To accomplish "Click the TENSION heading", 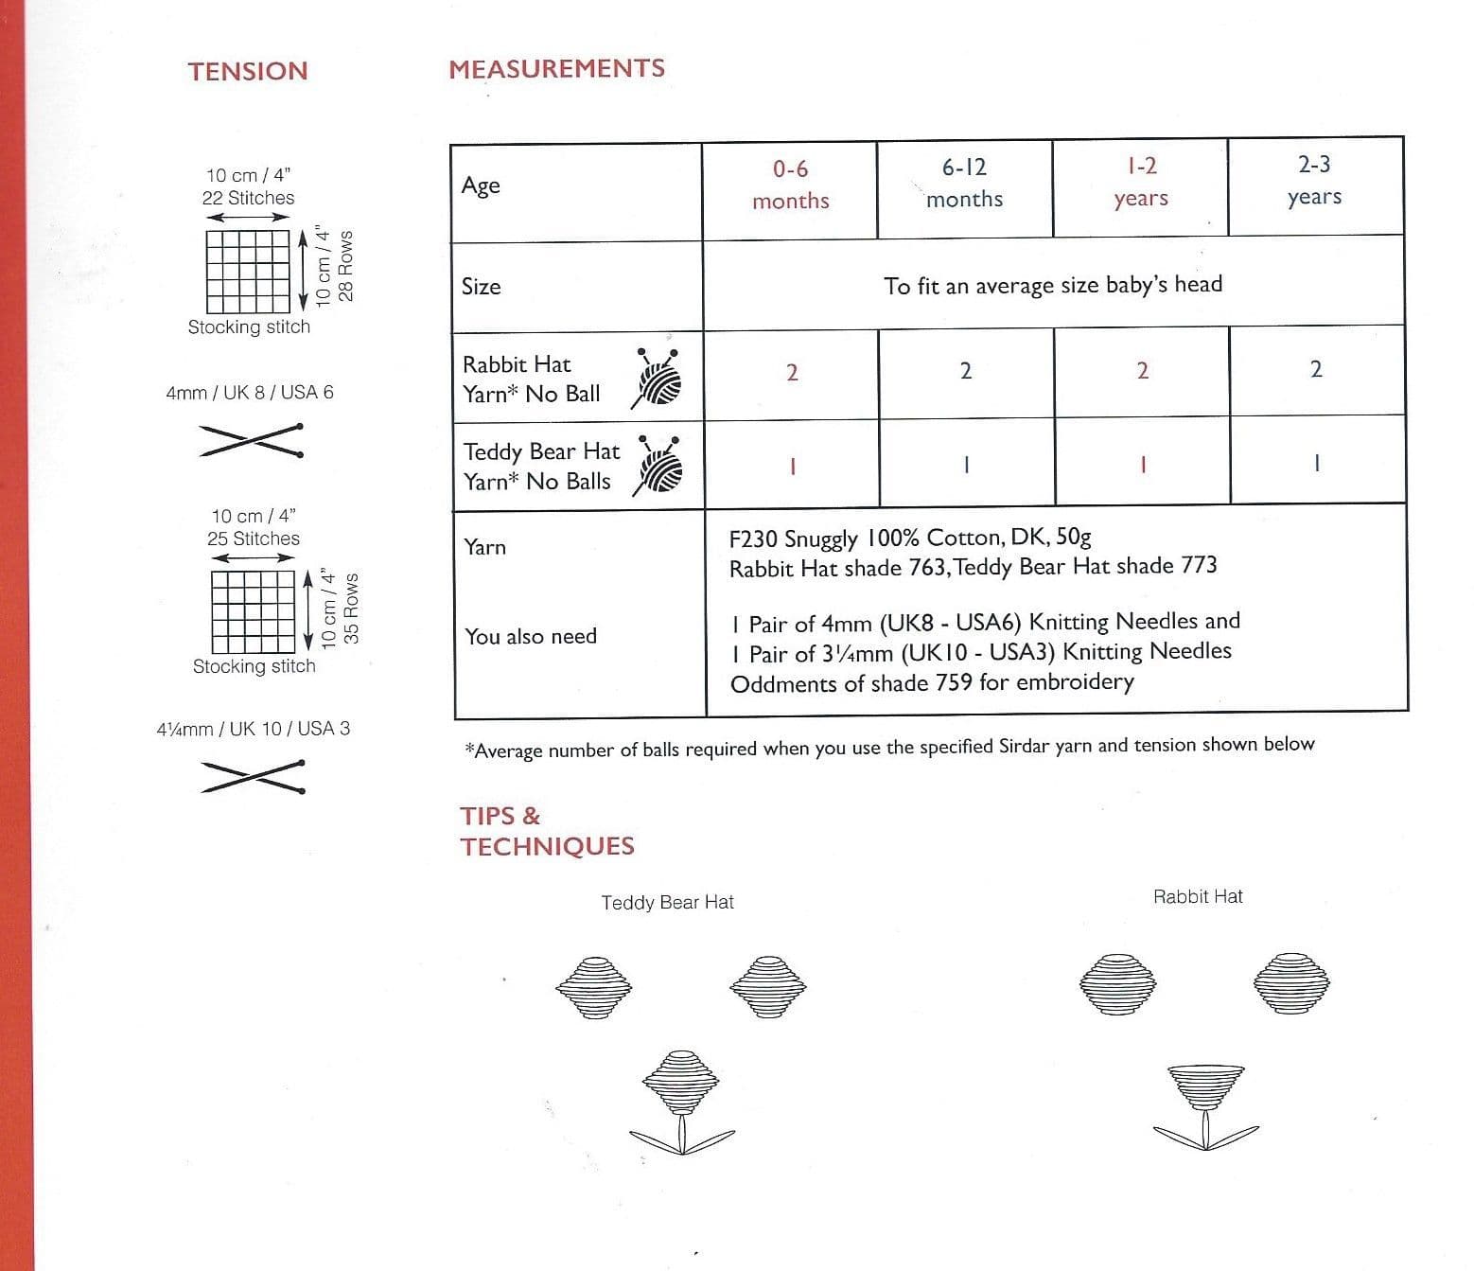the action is pos(248,71).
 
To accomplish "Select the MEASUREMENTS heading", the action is pos(557,68).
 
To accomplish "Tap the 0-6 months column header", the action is pos(790,185).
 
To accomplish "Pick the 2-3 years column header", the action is pos(1314,181).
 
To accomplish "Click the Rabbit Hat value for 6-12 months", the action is pos(966,371).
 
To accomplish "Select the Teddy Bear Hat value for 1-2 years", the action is pos(1143,465).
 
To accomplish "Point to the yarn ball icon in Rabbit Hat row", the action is pos(656,378).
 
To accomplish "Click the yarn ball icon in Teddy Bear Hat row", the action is pos(658,465).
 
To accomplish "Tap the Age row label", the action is pos(481,186).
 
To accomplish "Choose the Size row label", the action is pos(481,287).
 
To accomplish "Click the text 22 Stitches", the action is pos(248,198).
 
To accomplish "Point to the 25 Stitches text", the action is pos(254,538).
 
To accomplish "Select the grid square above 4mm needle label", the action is pos(248,272).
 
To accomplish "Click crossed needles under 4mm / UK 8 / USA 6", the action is pos(251,440).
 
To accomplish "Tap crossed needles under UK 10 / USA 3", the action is pos(254,777).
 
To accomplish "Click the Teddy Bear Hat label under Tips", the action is pos(668,902).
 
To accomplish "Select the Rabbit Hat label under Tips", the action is pos(1198,896).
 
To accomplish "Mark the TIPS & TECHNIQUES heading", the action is pos(547,831).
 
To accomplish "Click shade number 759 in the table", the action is pos(955,682).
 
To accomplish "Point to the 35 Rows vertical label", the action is pos(352,608).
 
